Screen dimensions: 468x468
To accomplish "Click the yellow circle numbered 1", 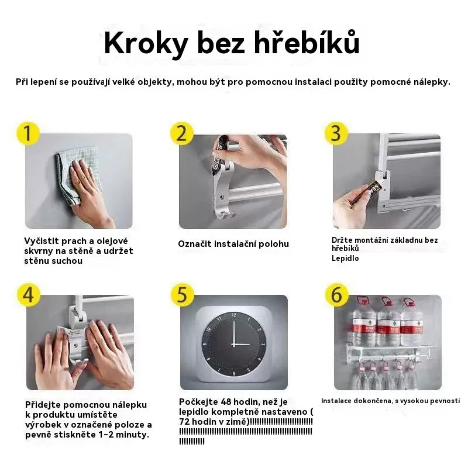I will click(x=28, y=133).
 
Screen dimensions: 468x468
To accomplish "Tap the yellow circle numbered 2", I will click(x=181, y=133).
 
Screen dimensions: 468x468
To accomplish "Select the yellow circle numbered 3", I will click(x=336, y=133).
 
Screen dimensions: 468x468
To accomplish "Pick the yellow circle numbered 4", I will click(x=28, y=294).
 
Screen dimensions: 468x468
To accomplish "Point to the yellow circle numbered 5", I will click(x=182, y=294).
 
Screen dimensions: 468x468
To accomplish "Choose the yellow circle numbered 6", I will click(x=336, y=295).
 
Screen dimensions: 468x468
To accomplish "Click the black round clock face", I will click(x=233, y=342).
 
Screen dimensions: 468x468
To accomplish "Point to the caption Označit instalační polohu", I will click(x=233, y=244).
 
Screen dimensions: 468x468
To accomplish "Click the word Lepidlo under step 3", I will click(x=345, y=258).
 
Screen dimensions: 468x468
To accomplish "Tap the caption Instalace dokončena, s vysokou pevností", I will click(x=390, y=401).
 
